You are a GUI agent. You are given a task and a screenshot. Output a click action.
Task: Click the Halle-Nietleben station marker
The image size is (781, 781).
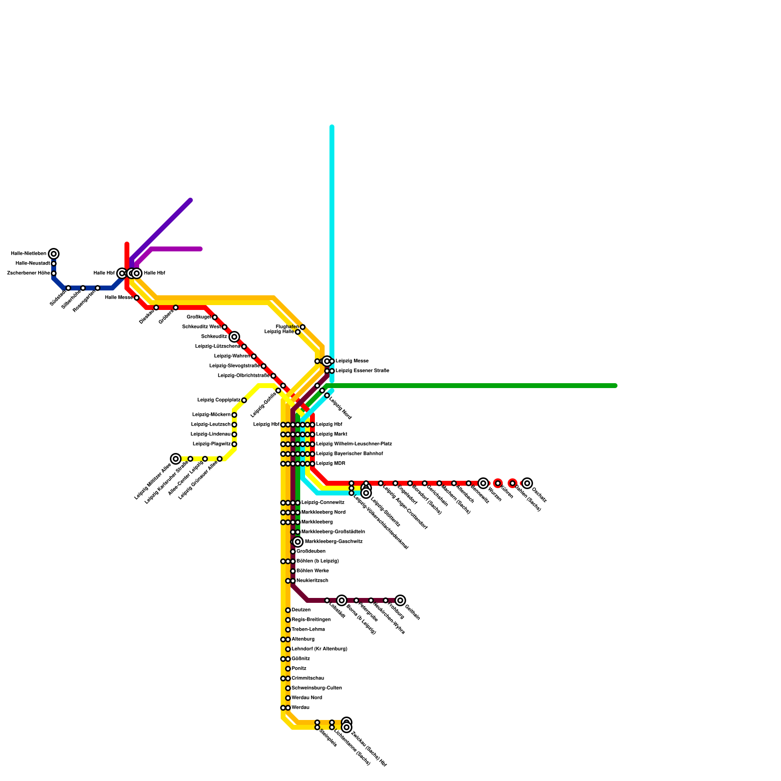[x=54, y=254]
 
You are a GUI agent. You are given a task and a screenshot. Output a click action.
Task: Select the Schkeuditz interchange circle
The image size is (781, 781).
[x=234, y=337]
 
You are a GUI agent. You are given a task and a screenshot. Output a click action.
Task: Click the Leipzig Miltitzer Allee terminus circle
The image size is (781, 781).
[x=176, y=459]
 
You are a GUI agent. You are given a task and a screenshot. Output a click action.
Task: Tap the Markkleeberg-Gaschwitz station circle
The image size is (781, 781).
[x=298, y=542]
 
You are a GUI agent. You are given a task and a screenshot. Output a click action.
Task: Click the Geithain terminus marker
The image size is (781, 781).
[x=400, y=600]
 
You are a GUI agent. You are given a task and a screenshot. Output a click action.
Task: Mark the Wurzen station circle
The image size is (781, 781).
[x=483, y=483]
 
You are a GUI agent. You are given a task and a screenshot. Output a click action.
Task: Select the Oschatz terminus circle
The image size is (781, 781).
[x=527, y=483]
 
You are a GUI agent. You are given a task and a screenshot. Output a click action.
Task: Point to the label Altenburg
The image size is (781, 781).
[x=303, y=639]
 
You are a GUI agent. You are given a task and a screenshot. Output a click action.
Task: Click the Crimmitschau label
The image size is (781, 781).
[x=308, y=678]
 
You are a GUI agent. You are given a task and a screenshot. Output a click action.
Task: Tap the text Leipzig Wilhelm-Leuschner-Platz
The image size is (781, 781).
[x=354, y=444]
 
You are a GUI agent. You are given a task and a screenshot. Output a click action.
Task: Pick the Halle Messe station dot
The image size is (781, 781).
[x=137, y=298]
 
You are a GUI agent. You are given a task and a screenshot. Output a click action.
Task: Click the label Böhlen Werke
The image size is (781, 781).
[x=312, y=571]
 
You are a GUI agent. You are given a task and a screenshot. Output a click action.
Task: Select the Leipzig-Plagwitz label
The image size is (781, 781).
[x=212, y=444]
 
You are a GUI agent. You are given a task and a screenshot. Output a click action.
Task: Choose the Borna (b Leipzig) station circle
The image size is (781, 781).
[x=342, y=600]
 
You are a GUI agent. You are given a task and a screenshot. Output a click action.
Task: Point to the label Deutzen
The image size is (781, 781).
[x=301, y=610]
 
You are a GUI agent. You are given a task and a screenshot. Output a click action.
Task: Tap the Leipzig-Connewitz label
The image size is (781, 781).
[x=323, y=503]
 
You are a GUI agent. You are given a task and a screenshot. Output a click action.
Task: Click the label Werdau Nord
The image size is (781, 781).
[x=307, y=698]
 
